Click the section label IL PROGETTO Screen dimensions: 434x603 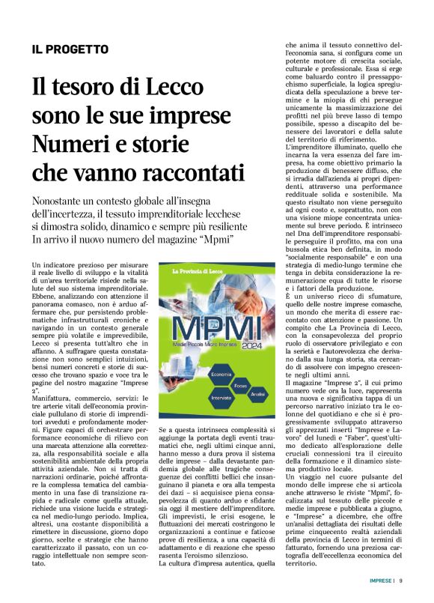pos(70,49)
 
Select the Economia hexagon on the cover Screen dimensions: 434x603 pos(201,372)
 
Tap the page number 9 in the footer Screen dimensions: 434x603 pos(401,580)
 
